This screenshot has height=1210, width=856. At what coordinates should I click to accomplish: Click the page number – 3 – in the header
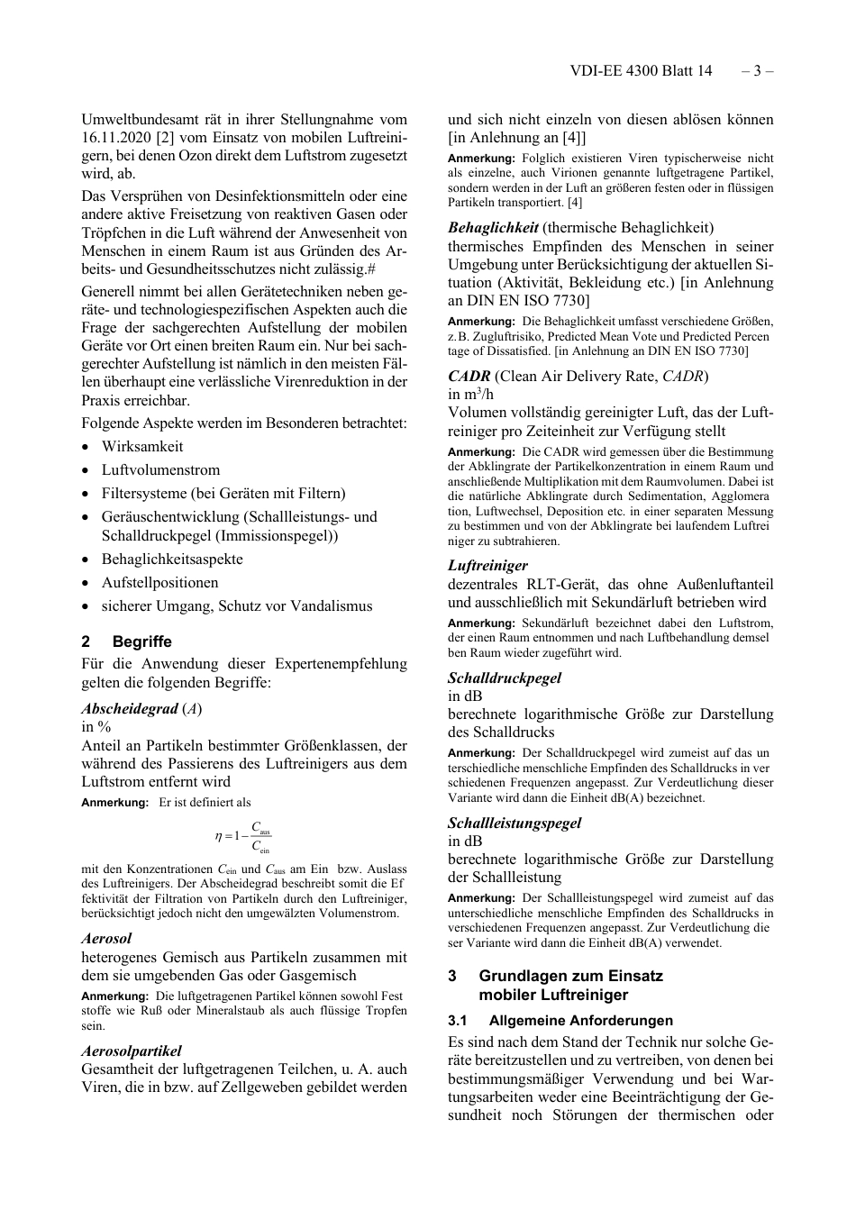click(757, 71)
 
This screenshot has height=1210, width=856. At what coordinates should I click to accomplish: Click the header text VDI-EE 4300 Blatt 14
click(641, 71)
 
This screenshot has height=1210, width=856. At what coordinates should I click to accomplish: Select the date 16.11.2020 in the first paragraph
click(117, 137)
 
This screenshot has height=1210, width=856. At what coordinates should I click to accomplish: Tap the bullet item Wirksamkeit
click(141, 446)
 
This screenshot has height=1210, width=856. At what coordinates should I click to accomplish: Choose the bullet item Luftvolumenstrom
click(160, 469)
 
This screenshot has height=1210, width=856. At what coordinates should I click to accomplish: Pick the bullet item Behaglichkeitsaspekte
click(172, 559)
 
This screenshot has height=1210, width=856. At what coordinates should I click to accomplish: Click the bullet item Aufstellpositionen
click(159, 582)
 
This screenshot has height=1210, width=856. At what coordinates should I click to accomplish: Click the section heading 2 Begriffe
click(126, 641)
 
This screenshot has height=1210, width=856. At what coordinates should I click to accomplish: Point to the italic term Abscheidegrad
click(130, 708)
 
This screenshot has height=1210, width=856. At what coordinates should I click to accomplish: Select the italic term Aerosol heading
click(106, 938)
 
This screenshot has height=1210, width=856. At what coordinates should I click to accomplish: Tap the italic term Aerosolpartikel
click(132, 1051)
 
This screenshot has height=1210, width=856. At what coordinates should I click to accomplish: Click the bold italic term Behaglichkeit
click(493, 227)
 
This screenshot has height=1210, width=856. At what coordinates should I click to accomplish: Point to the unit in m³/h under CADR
click(470, 394)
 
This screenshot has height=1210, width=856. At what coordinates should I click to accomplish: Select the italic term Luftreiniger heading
click(487, 565)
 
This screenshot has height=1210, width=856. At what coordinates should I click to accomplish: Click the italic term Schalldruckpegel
click(504, 677)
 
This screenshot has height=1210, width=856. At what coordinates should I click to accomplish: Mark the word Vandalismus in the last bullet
click(327, 605)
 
